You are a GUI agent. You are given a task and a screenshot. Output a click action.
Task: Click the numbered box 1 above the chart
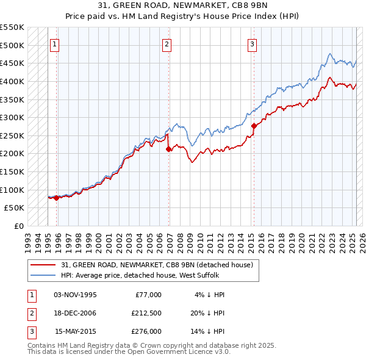click(x=55, y=43)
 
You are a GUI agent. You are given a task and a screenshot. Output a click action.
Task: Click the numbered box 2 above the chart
click(x=167, y=43)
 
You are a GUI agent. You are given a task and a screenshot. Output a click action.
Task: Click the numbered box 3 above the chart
click(x=252, y=43)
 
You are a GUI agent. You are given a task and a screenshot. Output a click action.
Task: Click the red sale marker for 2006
click(x=169, y=149)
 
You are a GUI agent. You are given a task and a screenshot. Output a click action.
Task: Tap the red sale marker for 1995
click(x=56, y=198)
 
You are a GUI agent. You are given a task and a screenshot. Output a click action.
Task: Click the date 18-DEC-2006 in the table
click(x=75, y=313)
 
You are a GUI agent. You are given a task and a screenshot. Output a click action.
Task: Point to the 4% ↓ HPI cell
click(x=210, y=295)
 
